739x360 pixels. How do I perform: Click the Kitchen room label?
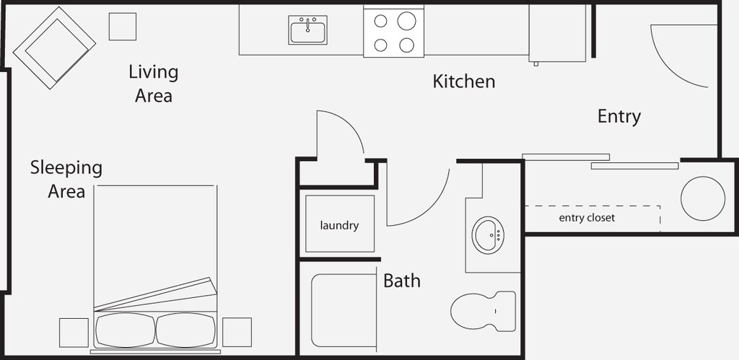click(464, 82)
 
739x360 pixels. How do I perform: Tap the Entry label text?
click(618, 116)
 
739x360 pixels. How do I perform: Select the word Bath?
click(401, 281)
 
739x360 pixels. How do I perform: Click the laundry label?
click(339, 226)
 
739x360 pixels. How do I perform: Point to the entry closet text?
click(587, 218)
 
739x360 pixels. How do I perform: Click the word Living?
click(154, 72)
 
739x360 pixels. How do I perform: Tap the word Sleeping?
click(66, 168)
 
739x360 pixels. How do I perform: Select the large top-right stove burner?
click(406, 21)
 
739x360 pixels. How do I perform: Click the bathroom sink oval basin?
click(488, 235)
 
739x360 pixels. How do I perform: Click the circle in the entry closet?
click(703, 198)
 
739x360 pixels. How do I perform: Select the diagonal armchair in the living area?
click(54, 48)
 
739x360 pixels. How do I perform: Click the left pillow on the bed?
click(126, 330)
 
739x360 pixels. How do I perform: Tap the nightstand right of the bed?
click(237, 332)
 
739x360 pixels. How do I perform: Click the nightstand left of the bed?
click(74, 333)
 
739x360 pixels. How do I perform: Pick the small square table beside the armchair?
click(123, 27)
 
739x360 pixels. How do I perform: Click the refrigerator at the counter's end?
click(557, 33)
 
